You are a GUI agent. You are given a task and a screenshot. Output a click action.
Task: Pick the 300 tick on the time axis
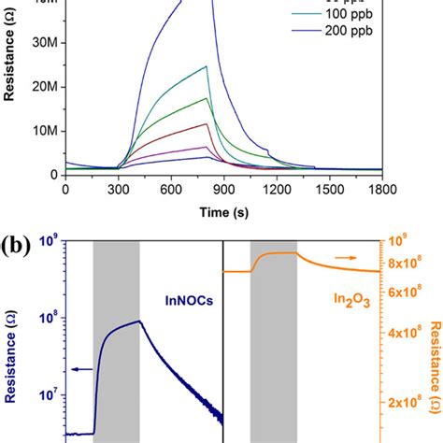click(119, 189)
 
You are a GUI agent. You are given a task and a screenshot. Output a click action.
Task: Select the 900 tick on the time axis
click(227, 189)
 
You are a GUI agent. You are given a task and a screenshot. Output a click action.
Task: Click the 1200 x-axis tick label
click(281, 189)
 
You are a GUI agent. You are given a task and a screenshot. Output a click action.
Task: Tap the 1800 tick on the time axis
click(389, 189)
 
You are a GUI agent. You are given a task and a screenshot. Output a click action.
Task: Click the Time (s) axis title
click(226, 211)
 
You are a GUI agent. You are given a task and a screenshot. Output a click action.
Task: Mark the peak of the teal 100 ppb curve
click(206, 66)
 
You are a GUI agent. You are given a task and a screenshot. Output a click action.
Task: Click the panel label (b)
click(21, 248)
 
